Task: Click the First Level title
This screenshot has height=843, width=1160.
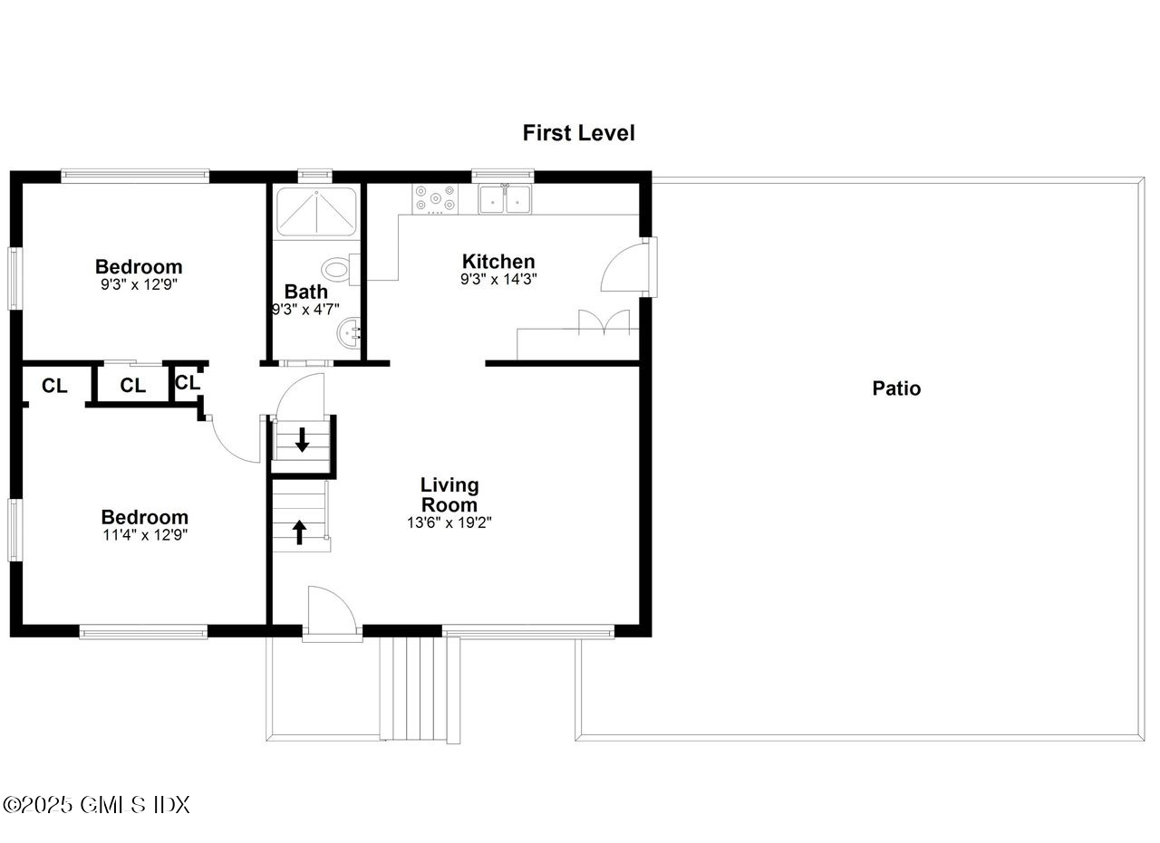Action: point(578,133)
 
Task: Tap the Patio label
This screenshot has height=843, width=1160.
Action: point(896,388)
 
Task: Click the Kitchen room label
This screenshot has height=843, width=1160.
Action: point(498,262)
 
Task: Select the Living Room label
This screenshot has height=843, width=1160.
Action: point(449,494)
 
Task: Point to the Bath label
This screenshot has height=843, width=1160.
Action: point(306,292)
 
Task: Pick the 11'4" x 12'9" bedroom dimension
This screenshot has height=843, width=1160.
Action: point(144,535)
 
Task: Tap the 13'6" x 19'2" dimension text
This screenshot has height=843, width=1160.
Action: point(449,522)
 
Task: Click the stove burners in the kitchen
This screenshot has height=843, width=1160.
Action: point(435,199)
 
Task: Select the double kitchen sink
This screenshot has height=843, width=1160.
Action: point(505,199)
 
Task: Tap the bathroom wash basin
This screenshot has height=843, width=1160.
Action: point(350,334)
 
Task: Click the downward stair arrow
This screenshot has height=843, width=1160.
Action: point(303,439)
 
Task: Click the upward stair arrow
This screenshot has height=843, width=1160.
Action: point(299,532)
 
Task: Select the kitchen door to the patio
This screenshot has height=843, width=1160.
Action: point(624,267)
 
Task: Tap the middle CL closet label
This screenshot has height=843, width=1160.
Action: point(132,386)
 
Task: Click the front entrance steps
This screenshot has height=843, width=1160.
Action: point(413,688)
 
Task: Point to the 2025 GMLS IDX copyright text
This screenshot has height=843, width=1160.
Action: point(97,804)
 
